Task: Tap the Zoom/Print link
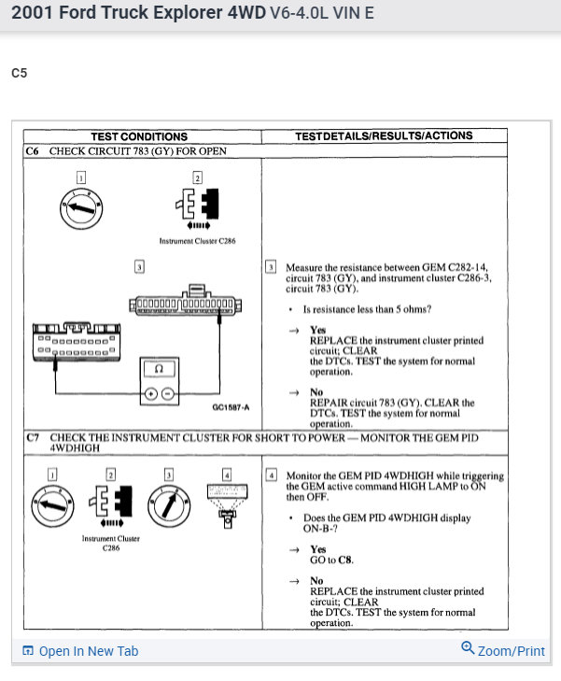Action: (503, 650)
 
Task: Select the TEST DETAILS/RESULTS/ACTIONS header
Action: (384, 135)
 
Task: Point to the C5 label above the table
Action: (20, 73)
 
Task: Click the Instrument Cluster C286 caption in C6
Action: (197, 241)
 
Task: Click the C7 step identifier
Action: (35, 437)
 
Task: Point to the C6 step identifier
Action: (35, 150)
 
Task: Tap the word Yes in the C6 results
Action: (317, 330)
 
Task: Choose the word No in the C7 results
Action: (316, 580)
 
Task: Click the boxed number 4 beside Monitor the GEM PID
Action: (272, 475)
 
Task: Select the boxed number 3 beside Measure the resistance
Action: (272, 267)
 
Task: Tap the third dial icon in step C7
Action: (170, 505)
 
